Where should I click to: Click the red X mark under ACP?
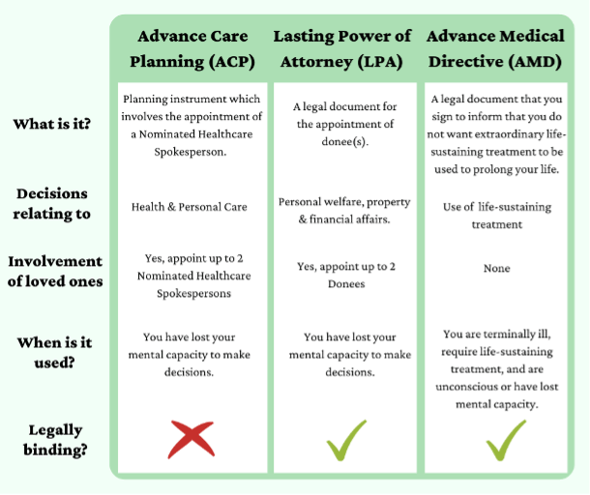tap(192, 439)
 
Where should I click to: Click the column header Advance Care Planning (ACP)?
tap(192, 49)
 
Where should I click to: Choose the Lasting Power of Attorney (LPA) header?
tap(342, 49)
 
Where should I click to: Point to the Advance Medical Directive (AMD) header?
tap(495, 49)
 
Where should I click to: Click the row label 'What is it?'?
tap(52, 124)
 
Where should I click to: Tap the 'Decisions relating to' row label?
tap(52, 203)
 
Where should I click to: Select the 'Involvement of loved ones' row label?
tap(55, 272)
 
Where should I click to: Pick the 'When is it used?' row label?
tap(54, 353)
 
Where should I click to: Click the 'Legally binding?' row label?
tap(55, 440)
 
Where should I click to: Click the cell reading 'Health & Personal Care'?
tap(190, 207)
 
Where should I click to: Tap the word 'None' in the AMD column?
tap(497, 268)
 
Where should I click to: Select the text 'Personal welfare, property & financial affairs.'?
tap(344, 211)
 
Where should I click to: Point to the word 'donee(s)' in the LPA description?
tap(343, 142)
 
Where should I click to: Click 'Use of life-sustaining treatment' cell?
tap(497, 216)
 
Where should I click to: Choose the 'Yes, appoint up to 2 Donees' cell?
tap(346, 275)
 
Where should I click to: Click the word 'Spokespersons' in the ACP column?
tap(193, 294)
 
